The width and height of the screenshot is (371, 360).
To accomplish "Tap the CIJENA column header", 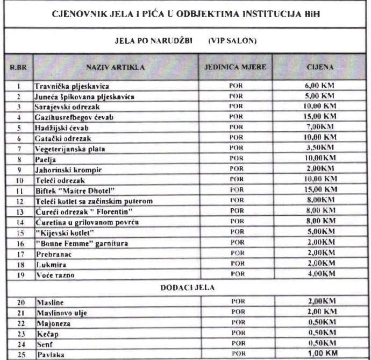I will [x=319, y=67].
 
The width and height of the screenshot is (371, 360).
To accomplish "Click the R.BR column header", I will [x=18, y=67].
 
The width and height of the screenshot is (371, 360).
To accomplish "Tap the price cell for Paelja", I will [x=319, y=159].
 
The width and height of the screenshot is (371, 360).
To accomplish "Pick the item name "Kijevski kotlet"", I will [x=65, y=232].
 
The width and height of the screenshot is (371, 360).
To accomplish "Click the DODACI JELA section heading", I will [x=186, y=288].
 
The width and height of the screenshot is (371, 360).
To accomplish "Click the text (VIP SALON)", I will [x=232, y=40].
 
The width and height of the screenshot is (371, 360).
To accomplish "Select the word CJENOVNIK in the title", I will [x=75, y=15].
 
